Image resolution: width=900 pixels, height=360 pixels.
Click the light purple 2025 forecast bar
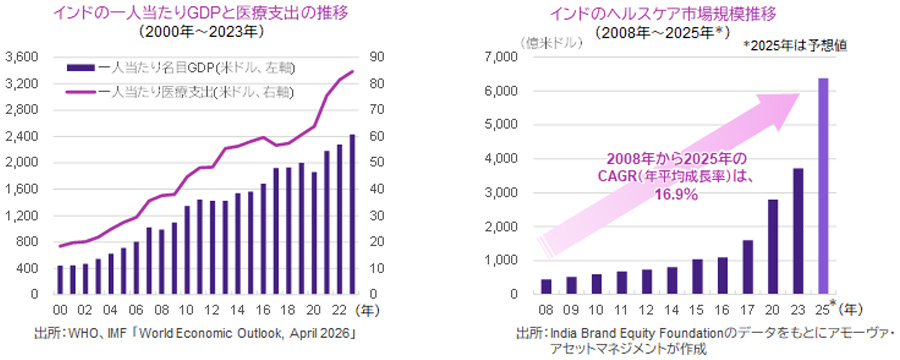point(823,186)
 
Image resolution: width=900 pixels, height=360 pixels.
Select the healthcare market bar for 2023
point(798,231)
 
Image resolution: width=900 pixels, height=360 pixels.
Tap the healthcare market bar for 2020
point(773,246)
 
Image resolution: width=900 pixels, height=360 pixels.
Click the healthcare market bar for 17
point(747,267)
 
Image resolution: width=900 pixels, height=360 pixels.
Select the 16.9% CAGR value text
point(676,195)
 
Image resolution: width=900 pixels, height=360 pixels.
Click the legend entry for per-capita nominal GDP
point(181,69)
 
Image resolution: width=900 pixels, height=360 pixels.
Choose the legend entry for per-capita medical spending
point(180,91)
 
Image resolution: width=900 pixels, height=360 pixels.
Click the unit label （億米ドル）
point(552,43)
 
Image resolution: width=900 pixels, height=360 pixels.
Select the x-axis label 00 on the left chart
point(59,310)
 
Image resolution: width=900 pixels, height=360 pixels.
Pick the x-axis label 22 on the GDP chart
point(337,310)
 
